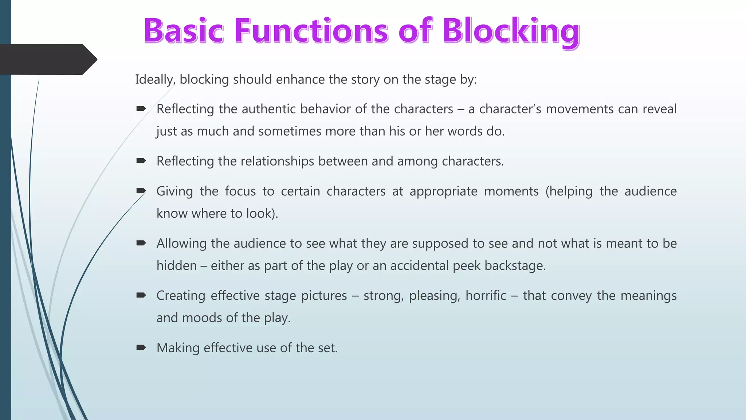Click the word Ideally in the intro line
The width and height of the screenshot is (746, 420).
(x=155, y=79)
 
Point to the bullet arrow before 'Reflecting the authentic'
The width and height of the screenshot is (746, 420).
(x=141, y=109)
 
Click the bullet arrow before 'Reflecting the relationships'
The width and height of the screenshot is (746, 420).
(x=141, y=161)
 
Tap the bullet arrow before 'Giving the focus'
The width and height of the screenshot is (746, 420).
(x=141, y=191)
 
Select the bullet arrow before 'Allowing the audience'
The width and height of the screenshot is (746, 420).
(x=141, y=243)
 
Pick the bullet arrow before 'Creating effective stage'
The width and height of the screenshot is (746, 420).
(x=141, y=295)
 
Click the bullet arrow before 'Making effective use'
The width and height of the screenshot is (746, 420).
(x=141, y=347)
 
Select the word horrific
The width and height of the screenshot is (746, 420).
(x=486, y=296)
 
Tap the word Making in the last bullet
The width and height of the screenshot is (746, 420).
(x=178, y=348)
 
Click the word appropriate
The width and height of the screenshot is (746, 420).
(x=443, y=192)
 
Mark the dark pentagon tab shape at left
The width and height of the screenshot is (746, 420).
(x=46, y=59)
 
